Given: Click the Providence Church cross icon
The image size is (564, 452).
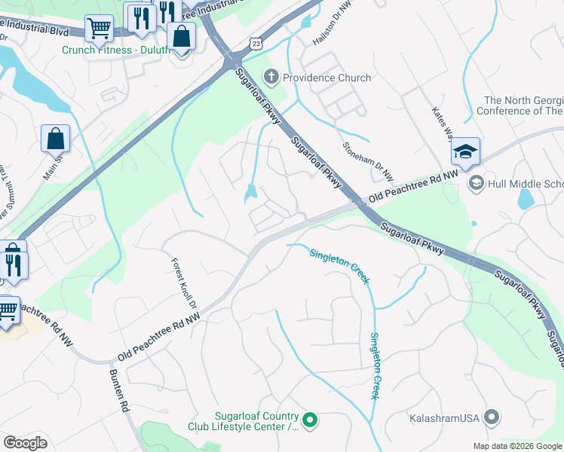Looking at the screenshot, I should pos(271,77).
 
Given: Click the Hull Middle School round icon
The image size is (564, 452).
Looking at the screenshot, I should pos(476,184).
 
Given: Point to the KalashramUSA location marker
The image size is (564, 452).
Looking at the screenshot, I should pos(492,417).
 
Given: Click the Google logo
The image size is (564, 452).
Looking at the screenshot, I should pos(25,443).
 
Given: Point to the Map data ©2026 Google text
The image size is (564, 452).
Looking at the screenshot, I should pos(517,446).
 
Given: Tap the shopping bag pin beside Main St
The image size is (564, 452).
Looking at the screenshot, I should pos(56,139).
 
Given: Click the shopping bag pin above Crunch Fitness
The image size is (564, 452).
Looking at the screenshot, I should pos(182,35).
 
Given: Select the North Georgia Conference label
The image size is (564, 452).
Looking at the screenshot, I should pos(523,105).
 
